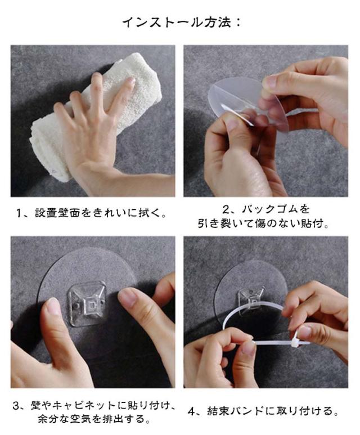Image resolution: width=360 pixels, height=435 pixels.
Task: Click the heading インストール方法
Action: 177,22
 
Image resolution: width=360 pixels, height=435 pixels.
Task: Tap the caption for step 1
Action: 92,213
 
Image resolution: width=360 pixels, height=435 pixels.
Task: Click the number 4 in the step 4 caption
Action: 192,411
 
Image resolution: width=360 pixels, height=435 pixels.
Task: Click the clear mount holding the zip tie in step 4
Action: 251,301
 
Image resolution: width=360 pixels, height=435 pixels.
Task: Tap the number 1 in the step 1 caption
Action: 19,213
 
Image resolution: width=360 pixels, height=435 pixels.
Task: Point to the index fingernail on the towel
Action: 131,80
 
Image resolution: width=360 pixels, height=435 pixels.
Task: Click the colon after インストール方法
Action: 237,23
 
